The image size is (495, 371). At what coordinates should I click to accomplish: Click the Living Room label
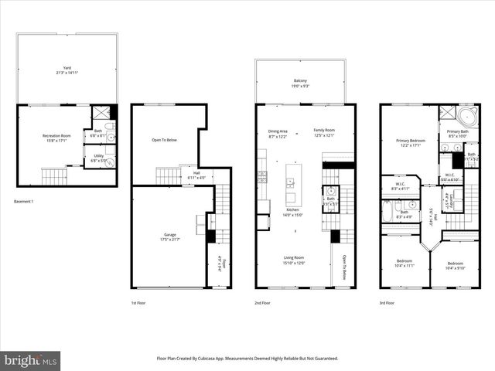point(292,259)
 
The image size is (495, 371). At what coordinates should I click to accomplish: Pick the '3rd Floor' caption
point(387,303)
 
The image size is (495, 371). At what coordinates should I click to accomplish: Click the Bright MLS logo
point(30,360)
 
